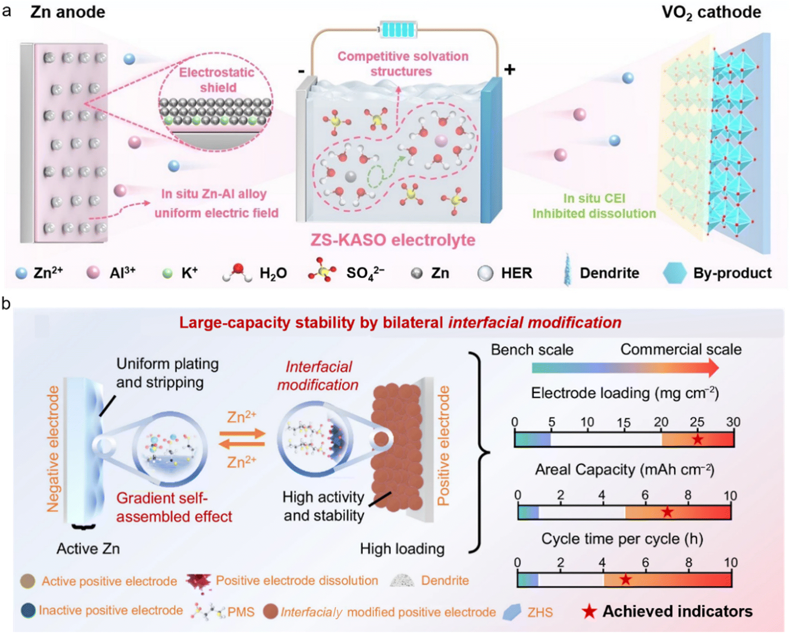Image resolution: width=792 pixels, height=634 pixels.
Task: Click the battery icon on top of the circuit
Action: (x=398, y=30)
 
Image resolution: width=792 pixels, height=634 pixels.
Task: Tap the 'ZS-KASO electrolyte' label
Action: (x=393, y=240)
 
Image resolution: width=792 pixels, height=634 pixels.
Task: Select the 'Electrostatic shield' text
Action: (x=217, y=80)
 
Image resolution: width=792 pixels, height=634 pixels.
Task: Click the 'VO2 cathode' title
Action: (x=711, y=13)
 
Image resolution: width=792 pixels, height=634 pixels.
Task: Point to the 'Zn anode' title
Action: (x=67, y=12)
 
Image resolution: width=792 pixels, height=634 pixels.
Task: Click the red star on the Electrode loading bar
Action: (x=697, y=439)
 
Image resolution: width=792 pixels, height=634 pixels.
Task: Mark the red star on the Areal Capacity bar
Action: (x=667, y=511)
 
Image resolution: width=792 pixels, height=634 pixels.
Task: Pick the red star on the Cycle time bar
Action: (x=625, y=579)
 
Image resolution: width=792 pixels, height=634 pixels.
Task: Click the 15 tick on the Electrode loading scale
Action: (x=623, y=423)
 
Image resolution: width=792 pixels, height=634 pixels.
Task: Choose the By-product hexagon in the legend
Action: (x=674, y=273)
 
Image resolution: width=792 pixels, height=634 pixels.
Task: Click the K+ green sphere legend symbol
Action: (x=167, y=273)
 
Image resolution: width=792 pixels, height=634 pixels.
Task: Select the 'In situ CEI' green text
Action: (x=594, y=198)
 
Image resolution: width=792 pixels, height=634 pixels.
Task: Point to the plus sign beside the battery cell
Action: (x=510, y=69)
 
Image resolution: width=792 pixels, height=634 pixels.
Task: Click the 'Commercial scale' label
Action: (x=681, y=349)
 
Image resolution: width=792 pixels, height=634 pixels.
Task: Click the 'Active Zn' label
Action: (x=88, y=548)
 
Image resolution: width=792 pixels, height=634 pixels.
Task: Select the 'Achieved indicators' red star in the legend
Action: (x=589, y=612)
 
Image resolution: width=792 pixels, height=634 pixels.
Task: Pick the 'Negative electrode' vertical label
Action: (x=53, y=449)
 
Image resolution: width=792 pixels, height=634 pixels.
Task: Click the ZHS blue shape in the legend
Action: (x=512, y=612)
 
